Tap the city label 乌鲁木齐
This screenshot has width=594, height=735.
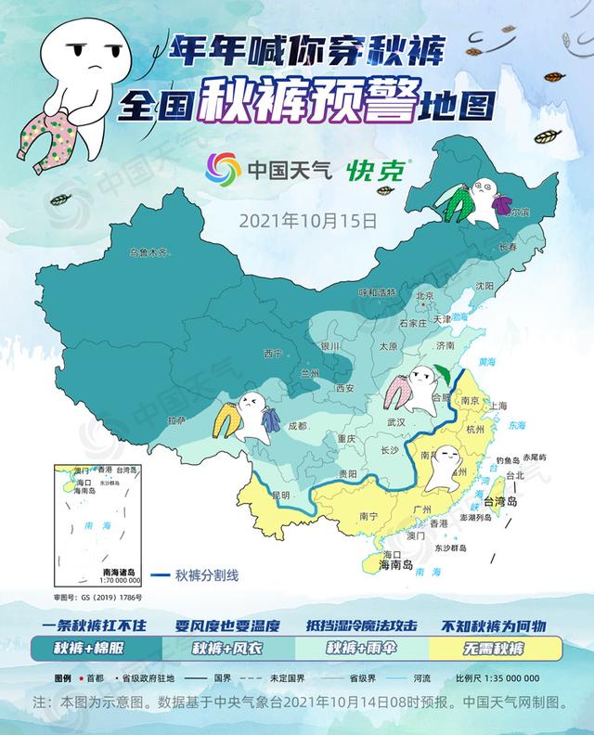[x=150, y=252]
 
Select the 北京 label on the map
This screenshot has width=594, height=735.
[x=425, y=296]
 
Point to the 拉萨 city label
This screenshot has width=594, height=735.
[x=176, y=420]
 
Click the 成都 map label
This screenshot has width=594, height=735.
[x=297, y=426]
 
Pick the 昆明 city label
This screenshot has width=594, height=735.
[x=280, y=494]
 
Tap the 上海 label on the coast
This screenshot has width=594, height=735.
[x=498, y=406]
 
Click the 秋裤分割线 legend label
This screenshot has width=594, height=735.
[x=207, y=574]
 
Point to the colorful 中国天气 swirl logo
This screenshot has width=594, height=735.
[x=223, y=170]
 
